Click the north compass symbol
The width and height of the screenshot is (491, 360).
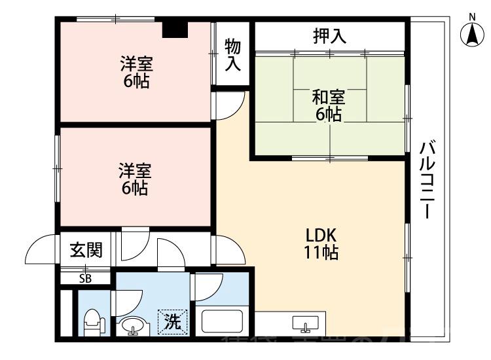coord(473,34)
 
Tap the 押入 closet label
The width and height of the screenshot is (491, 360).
coord(329,36)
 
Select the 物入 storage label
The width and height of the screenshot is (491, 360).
coord(232,54)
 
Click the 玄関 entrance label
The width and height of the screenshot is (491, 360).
coord(86,250)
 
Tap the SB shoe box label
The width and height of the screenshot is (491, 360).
coord(86,278)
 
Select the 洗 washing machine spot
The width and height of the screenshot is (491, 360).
coord(172,321)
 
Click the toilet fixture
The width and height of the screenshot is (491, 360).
coord(92,322)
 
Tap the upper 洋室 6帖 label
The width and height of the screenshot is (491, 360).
coord(136,73)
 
